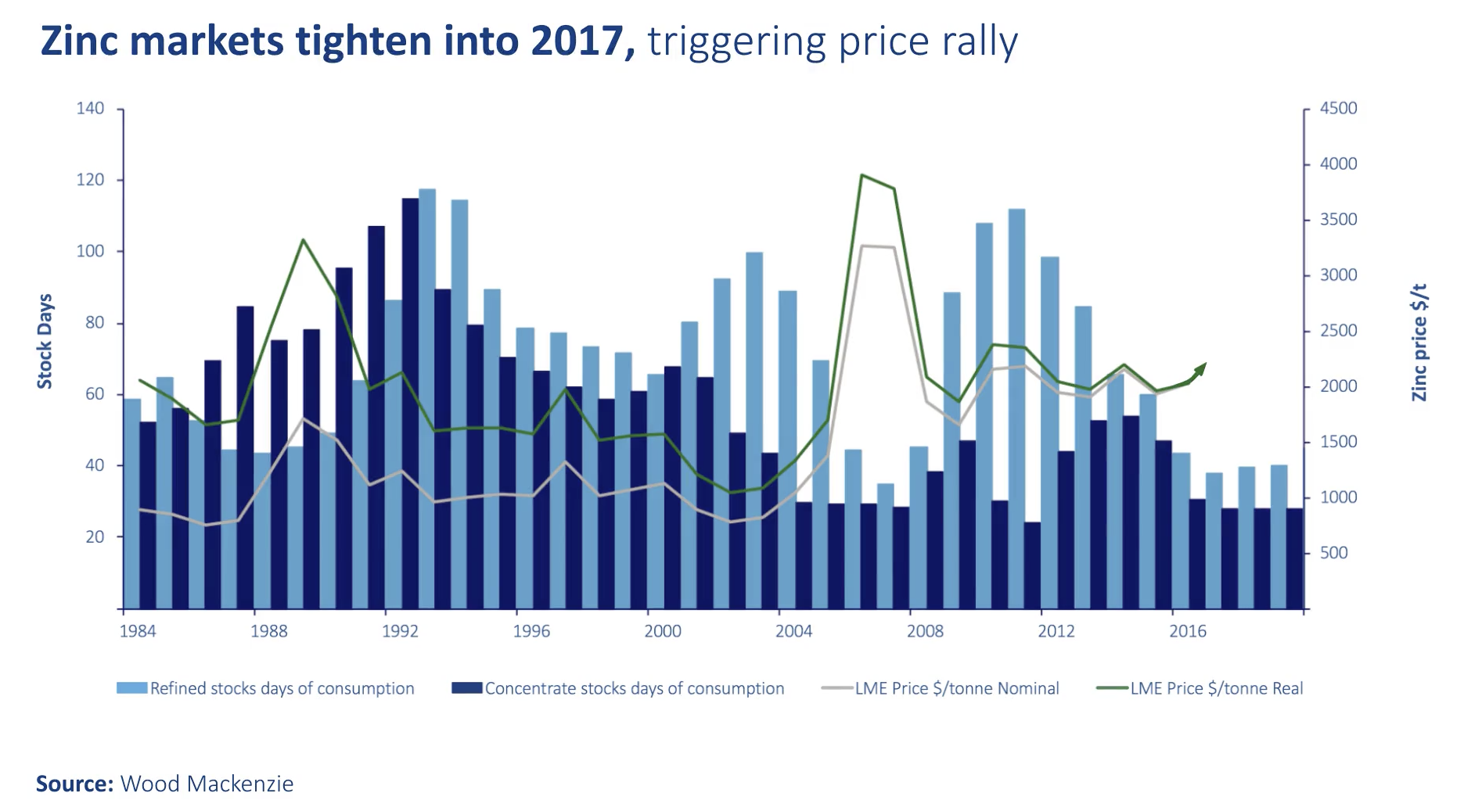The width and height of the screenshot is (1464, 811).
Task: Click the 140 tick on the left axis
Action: tap(90, 109)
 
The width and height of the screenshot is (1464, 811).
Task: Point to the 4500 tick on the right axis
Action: tap(1338, 109)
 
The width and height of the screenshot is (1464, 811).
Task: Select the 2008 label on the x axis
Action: tap(925, 631)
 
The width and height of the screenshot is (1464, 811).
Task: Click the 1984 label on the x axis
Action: tap(138, 631)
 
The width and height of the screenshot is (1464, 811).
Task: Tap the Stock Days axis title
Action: tap(45, 341)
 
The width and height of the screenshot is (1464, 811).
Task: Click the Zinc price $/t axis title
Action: tap(1419, 343)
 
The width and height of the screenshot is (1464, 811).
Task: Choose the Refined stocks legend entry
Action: tap(266, 688)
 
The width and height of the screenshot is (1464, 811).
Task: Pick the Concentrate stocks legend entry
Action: tap(618, 688)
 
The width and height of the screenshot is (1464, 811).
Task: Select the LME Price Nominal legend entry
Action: tap(941, 688)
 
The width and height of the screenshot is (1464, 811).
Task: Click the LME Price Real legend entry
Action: tap(1200, 688)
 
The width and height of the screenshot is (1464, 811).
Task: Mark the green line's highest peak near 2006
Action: tap(861, 175)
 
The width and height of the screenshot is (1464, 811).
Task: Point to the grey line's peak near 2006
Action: tap(861, 246)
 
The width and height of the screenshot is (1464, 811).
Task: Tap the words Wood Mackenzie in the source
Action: tap(207, 784)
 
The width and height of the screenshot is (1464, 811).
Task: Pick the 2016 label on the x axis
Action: tap(1187, 631)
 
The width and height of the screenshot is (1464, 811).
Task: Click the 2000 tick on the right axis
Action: tap(1338, 386)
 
